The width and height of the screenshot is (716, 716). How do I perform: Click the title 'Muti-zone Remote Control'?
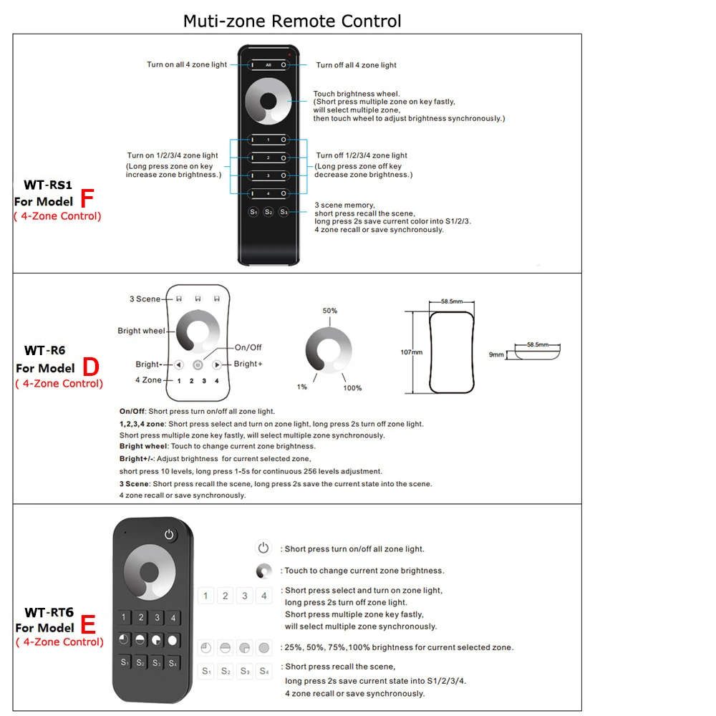tap(292, 21)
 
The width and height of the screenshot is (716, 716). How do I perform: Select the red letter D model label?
tap(91, 367)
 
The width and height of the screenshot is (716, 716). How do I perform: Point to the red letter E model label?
tap(88, 625)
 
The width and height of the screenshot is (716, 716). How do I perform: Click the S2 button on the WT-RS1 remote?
tap(268, 212)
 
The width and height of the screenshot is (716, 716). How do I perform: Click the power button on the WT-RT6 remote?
tap(169, 534)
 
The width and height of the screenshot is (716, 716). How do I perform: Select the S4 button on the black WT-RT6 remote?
tap(173, 663)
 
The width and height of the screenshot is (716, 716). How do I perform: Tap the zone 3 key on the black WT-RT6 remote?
tap(157, 618)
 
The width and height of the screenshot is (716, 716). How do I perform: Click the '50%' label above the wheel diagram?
tap(330, 311)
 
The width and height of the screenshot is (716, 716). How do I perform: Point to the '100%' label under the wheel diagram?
tap(353, 388)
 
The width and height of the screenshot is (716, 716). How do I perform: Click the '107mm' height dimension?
tap(411, 352)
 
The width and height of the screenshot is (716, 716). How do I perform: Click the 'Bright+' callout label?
tap(248, 364)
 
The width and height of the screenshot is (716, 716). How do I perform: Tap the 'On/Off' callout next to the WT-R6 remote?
tap(248, 347)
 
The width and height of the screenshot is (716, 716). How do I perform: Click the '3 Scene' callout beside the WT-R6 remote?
tap(145, 299)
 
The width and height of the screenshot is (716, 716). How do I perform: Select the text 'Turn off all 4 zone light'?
tap(357, 65)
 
